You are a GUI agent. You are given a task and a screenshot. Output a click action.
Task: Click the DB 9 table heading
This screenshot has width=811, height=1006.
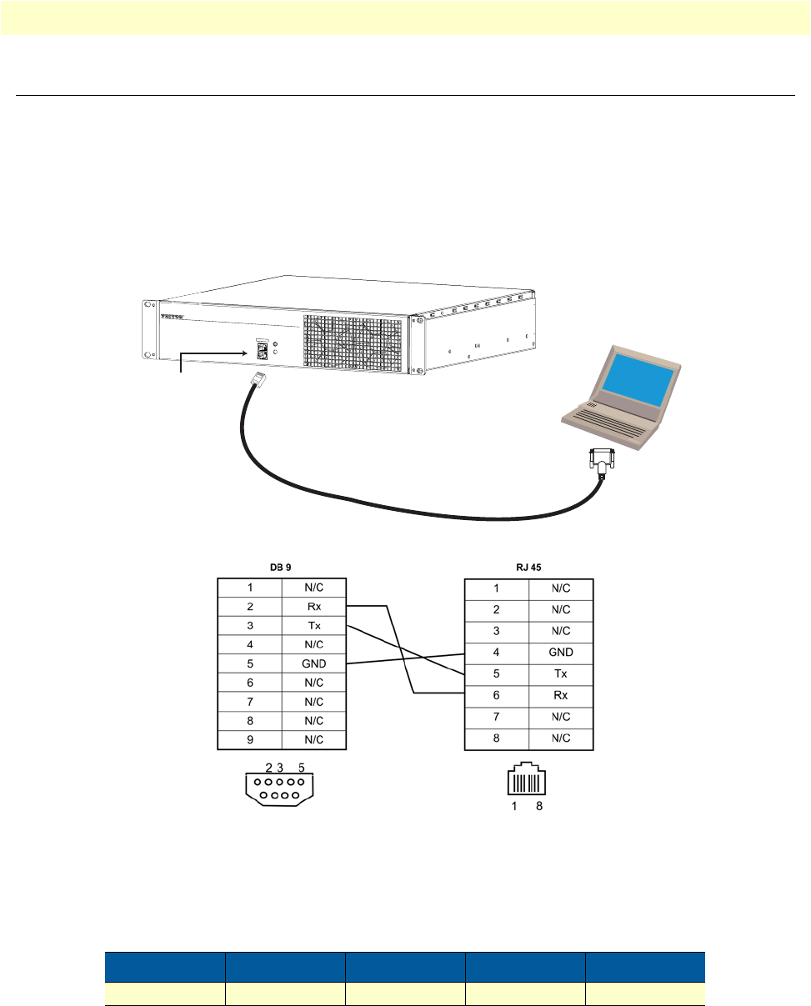(281, 568)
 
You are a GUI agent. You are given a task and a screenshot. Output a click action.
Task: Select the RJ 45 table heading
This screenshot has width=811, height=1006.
(528, 568)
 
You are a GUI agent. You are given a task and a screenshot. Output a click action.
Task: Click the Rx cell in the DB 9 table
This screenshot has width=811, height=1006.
(313, 607)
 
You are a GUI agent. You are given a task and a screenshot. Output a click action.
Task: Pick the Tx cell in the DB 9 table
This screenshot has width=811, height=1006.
(313, 626)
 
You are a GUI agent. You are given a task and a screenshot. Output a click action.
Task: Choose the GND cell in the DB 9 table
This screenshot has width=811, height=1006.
(313, 663)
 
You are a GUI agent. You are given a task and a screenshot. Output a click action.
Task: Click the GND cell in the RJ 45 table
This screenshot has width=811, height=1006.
(561, 653)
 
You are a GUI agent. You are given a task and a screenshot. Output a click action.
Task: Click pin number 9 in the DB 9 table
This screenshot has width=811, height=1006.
(249, 739)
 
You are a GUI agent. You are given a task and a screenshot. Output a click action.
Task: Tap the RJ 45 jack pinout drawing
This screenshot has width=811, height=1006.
(528, 782)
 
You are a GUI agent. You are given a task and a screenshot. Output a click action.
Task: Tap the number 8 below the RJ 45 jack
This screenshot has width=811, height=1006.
(539, 807)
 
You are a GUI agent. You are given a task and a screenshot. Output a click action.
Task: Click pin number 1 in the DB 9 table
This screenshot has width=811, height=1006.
(249, 588)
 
